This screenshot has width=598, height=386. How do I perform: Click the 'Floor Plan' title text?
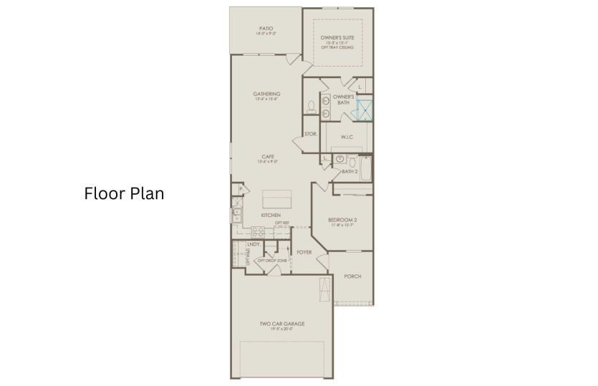point(125,193)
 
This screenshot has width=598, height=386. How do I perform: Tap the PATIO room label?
point(266,29)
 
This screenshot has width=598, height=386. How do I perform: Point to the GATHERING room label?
point(266,94)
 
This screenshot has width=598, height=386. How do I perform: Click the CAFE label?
point(268,157)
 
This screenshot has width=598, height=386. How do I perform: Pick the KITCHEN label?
point(271,215)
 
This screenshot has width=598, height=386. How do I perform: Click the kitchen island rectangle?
point(276,198)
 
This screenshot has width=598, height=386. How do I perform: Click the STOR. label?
point(310,134)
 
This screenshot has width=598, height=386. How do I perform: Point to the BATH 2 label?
point(349,172)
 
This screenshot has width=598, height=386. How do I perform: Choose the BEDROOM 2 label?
point(342,219)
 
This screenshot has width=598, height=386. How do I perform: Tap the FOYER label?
point(304,252)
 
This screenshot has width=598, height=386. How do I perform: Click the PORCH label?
point(352,276)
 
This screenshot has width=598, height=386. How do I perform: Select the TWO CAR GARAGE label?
point(281,324)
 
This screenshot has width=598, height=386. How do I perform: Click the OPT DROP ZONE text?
point(272,260)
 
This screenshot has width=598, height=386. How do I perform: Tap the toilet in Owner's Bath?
point(312,108)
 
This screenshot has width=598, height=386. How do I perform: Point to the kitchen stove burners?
point(258,231)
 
